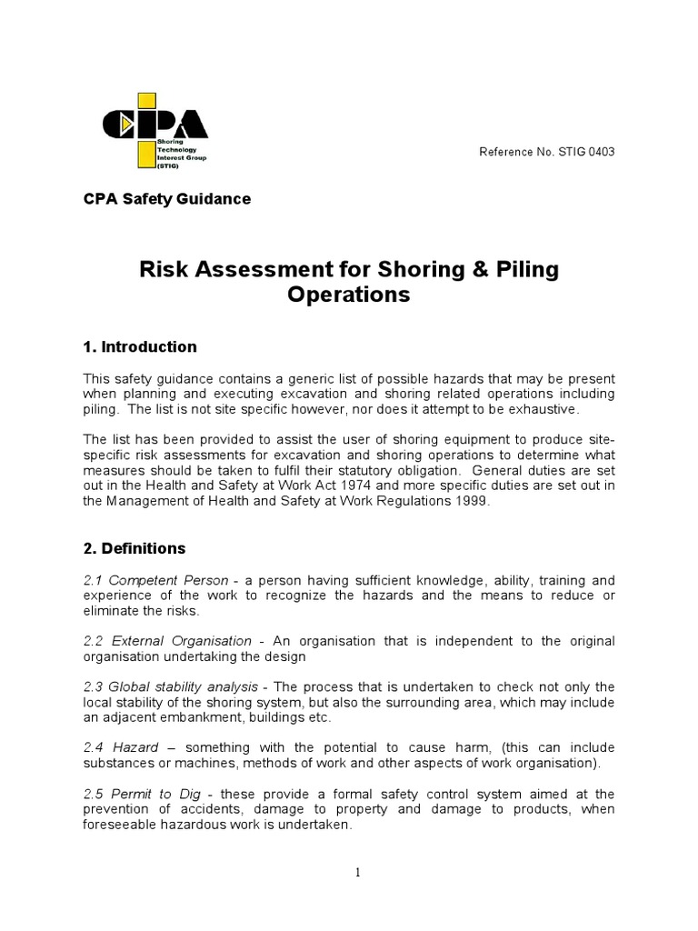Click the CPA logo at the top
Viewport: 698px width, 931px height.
pos(155,130)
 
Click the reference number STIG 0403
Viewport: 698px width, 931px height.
pos(546,152)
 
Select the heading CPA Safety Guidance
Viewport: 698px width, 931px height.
pos(167,199)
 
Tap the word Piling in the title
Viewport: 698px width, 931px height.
pos(525,270)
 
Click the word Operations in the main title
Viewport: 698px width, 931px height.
pos(349,295)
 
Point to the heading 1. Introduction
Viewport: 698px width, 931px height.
pos(140,347)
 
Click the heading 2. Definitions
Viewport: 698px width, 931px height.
pos(135,549)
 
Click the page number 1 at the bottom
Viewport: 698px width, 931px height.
pos(358,873)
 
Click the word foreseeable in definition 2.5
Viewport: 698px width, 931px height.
pos(122,825)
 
